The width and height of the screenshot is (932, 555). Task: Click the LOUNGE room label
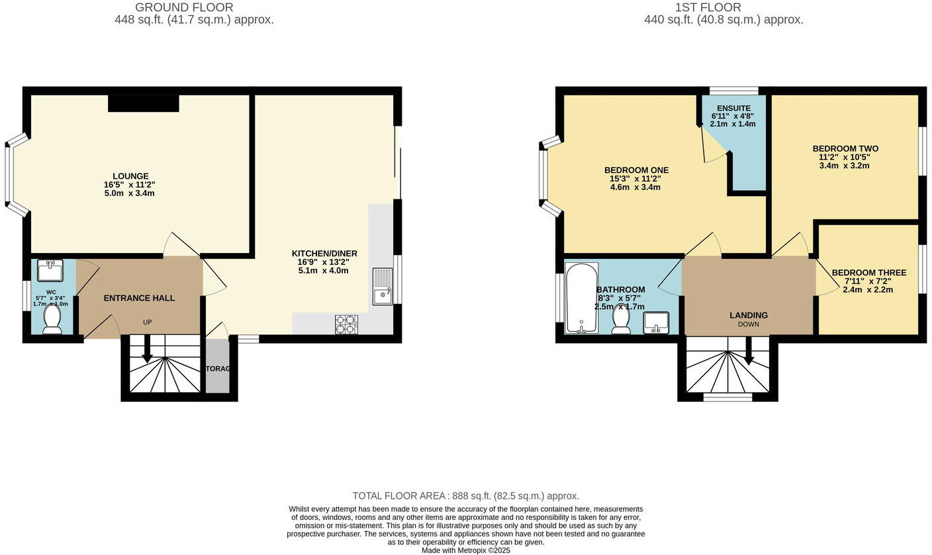click(x=130, y=176)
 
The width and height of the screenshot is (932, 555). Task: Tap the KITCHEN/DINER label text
click(x=324, y=254)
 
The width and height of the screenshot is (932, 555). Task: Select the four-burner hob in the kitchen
click(x=346, y=324)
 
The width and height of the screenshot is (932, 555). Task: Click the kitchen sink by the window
click(x=383, y=286)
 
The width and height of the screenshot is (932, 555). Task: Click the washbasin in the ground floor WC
click(x=50, y=270)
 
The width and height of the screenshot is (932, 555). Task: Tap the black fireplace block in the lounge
click(x=144, y=103)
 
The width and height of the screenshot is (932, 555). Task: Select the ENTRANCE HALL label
click(x=139, y=298)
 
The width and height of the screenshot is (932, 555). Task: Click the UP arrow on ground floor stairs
click(x=147, y=349)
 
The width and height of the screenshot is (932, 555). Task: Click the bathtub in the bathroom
click(x=582, y=298)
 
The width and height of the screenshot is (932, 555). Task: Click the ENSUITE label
click(x=733, y=108)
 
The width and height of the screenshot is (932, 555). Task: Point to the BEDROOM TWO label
click(x=845, y=148)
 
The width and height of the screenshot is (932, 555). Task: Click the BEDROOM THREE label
click(x=868, y=273)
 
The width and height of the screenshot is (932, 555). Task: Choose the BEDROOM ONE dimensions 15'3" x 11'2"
click(x=635, y=179)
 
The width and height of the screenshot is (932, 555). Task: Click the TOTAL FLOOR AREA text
click(x=465, y=495)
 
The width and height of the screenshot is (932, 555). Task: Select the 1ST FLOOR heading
click(x=708, y=7)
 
